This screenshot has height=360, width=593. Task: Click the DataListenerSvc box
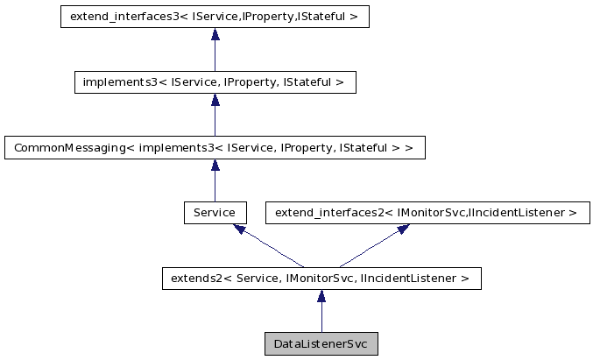321,343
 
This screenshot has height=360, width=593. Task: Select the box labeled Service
215,212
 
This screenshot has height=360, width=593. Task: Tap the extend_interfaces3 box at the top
215,17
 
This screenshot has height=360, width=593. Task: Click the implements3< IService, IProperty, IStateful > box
215,82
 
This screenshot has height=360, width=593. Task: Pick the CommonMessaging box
215,147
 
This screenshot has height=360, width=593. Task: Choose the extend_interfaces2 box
427,212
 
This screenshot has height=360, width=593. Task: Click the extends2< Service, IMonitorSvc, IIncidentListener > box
321,279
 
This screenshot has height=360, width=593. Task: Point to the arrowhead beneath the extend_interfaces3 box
215,35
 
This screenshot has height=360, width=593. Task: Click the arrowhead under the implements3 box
215,101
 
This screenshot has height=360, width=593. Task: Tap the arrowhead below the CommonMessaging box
215,166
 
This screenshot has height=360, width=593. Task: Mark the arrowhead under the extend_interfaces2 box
403,229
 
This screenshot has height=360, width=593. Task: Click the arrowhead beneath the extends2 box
321,297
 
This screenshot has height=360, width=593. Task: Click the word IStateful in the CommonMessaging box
367,147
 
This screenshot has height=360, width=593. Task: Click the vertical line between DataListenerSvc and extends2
321,317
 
